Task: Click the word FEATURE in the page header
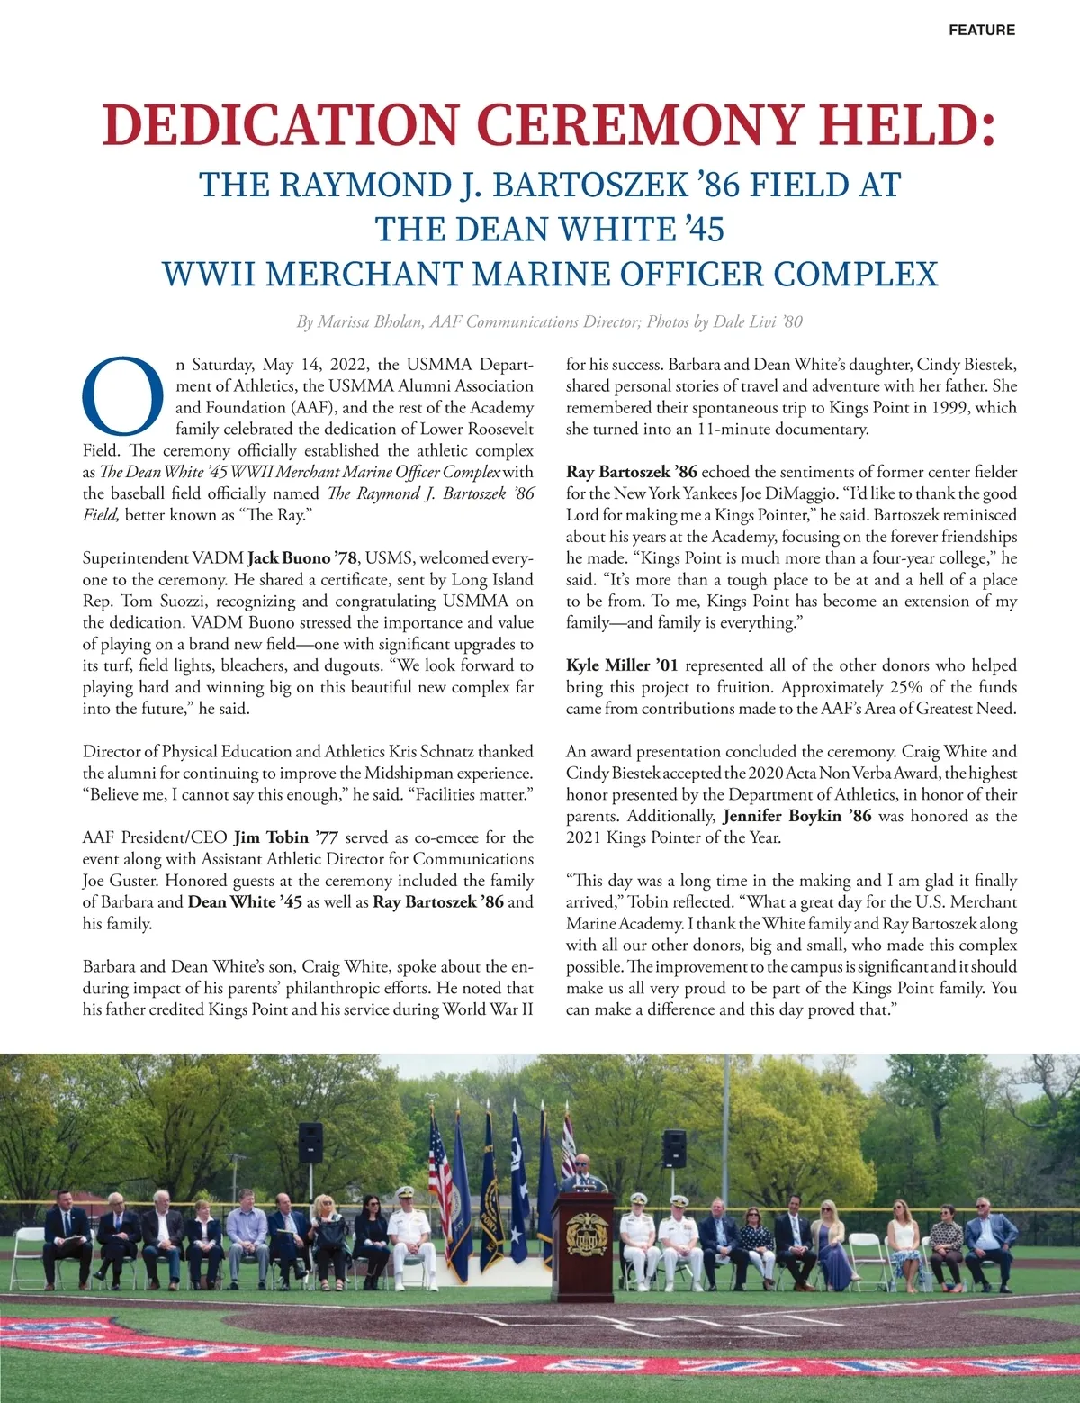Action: tap(981, 30)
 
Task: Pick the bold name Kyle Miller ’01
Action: tap(622, 665)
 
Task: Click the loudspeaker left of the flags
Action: tap(310, 1142)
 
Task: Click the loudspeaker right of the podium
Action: tap(674, 1148)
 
